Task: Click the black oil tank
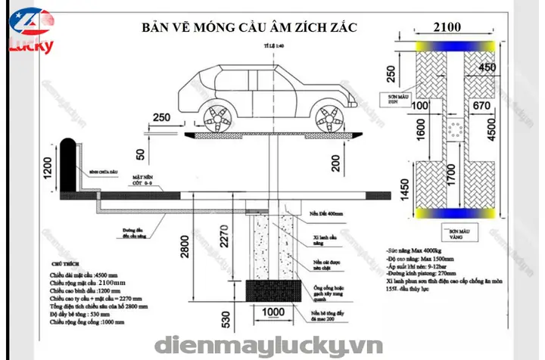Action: [x=66, y=163]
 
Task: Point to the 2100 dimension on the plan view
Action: [x=447, y=28]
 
